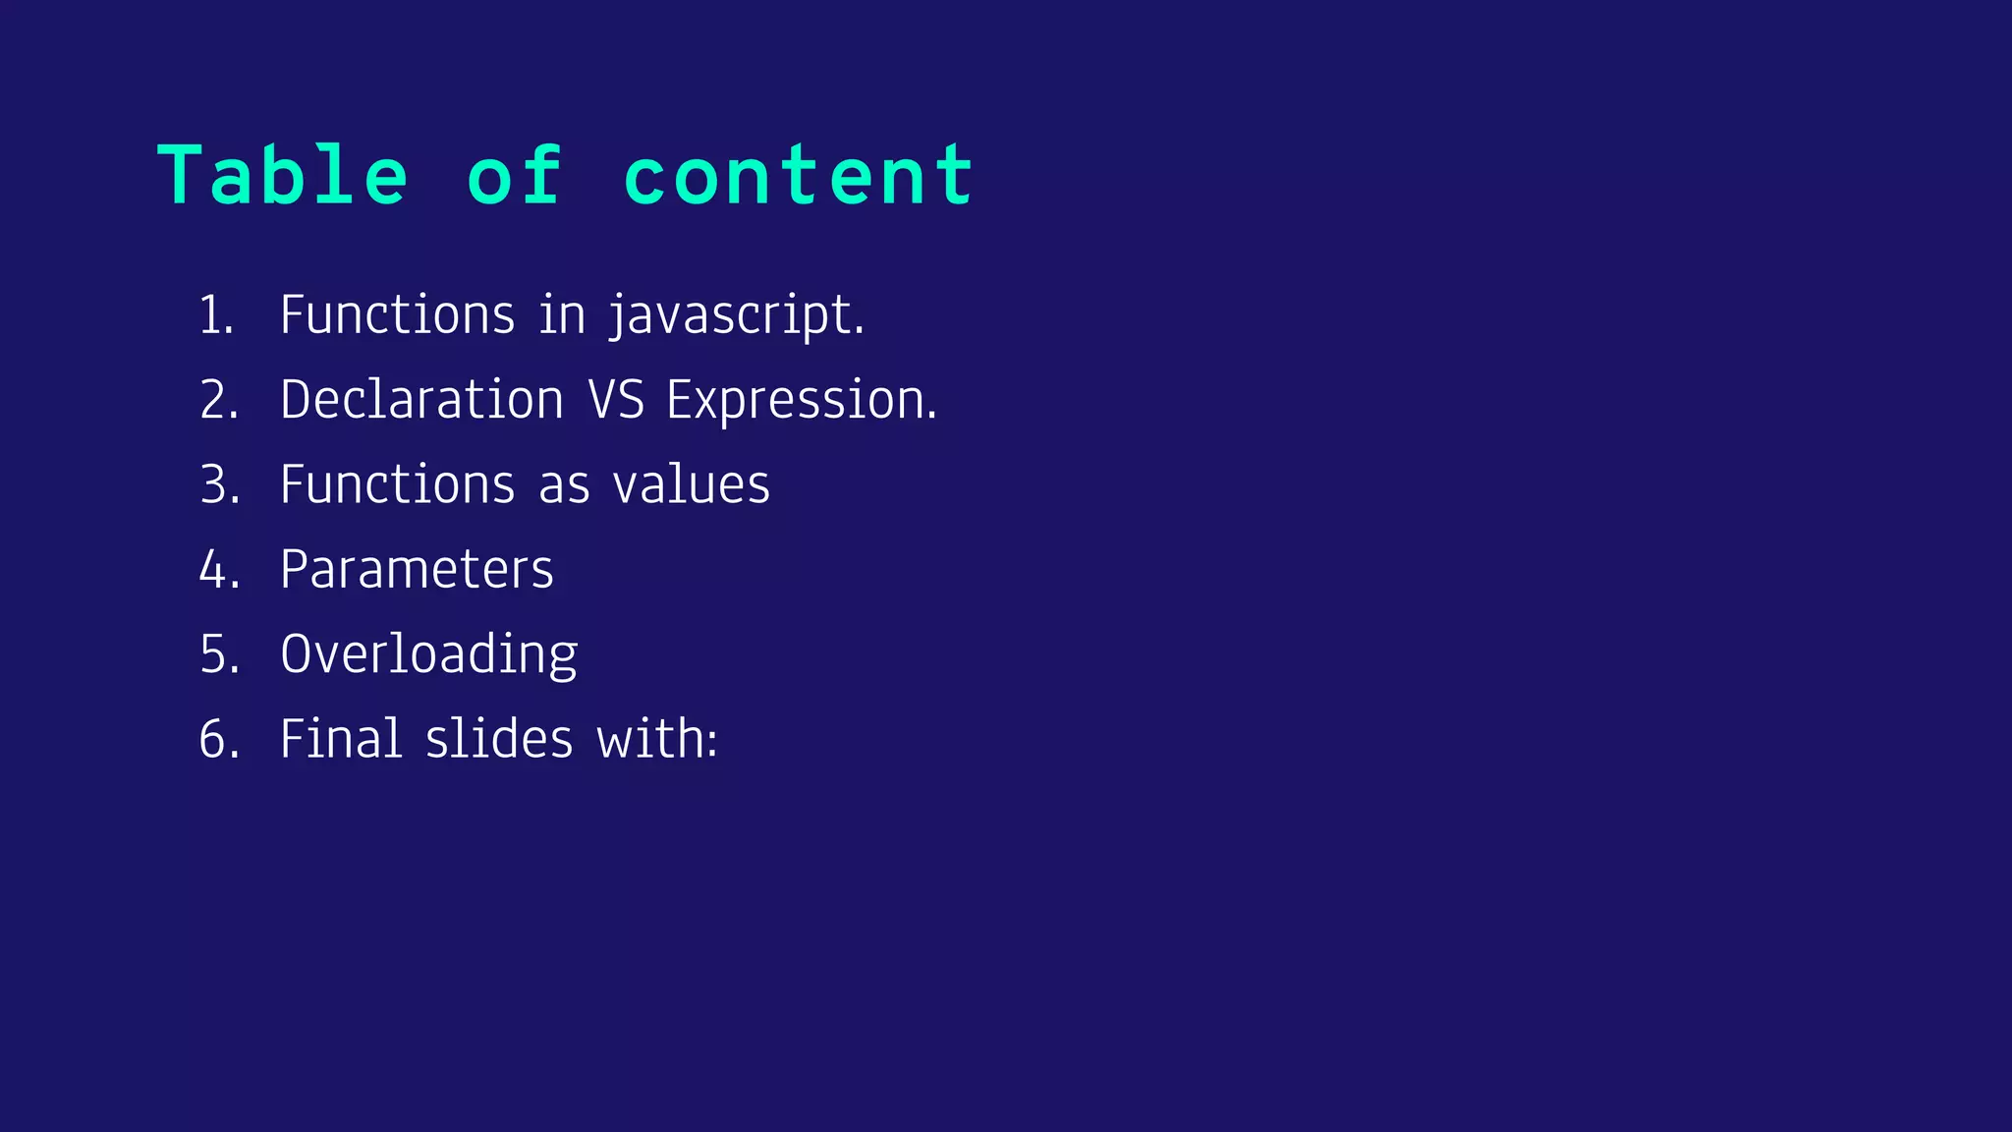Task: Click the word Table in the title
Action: pyautogui.click(x=282, y=175)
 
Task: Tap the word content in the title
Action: pyautogui.click(x=798, y=175)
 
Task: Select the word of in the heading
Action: pyautogui.click(x=515, y=175)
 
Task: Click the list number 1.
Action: pyautogui.click(x=215, y=315)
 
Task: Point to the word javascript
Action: pyautogui.click(x=735, y=315)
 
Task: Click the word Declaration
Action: pyautogui.click(x=421, y=400)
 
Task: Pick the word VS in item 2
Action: pyautogui.click(x=616, y=400)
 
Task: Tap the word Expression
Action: pyautogui.click(x=801, y=400)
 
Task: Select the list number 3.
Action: pyautogui.click(x=219, y=484)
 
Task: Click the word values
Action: pyautogui.click(x=691, y=484)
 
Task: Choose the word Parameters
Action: pyautogui.click(x=417, y=569)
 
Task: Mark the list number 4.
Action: pyautogui.click(x=219, y=569)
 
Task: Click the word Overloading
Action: pyautogui.click(x=428, y=654)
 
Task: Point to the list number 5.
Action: pyautogui.click(x=219, y=654)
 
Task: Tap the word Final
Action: pyautogui.click(x=341, y=739)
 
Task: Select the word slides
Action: pyautogui.click(x=499, y=739)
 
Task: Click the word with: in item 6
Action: pyautogui.click(x=657, y=739)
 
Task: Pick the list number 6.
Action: pyautogui.click(x=219, y=739)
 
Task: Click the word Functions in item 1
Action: pyautogui.click(x=397, y=315)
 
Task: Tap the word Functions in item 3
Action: pyautogui.click(x=397, y=484)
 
